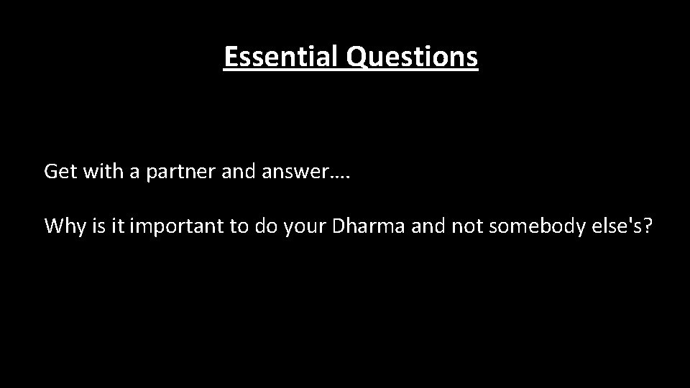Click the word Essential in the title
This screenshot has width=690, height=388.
[281, 56]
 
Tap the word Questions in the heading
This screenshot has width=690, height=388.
[412, 56]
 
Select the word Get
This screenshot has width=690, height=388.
[59, 172]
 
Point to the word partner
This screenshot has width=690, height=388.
[179, 173]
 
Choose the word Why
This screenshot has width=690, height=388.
[63, 226]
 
